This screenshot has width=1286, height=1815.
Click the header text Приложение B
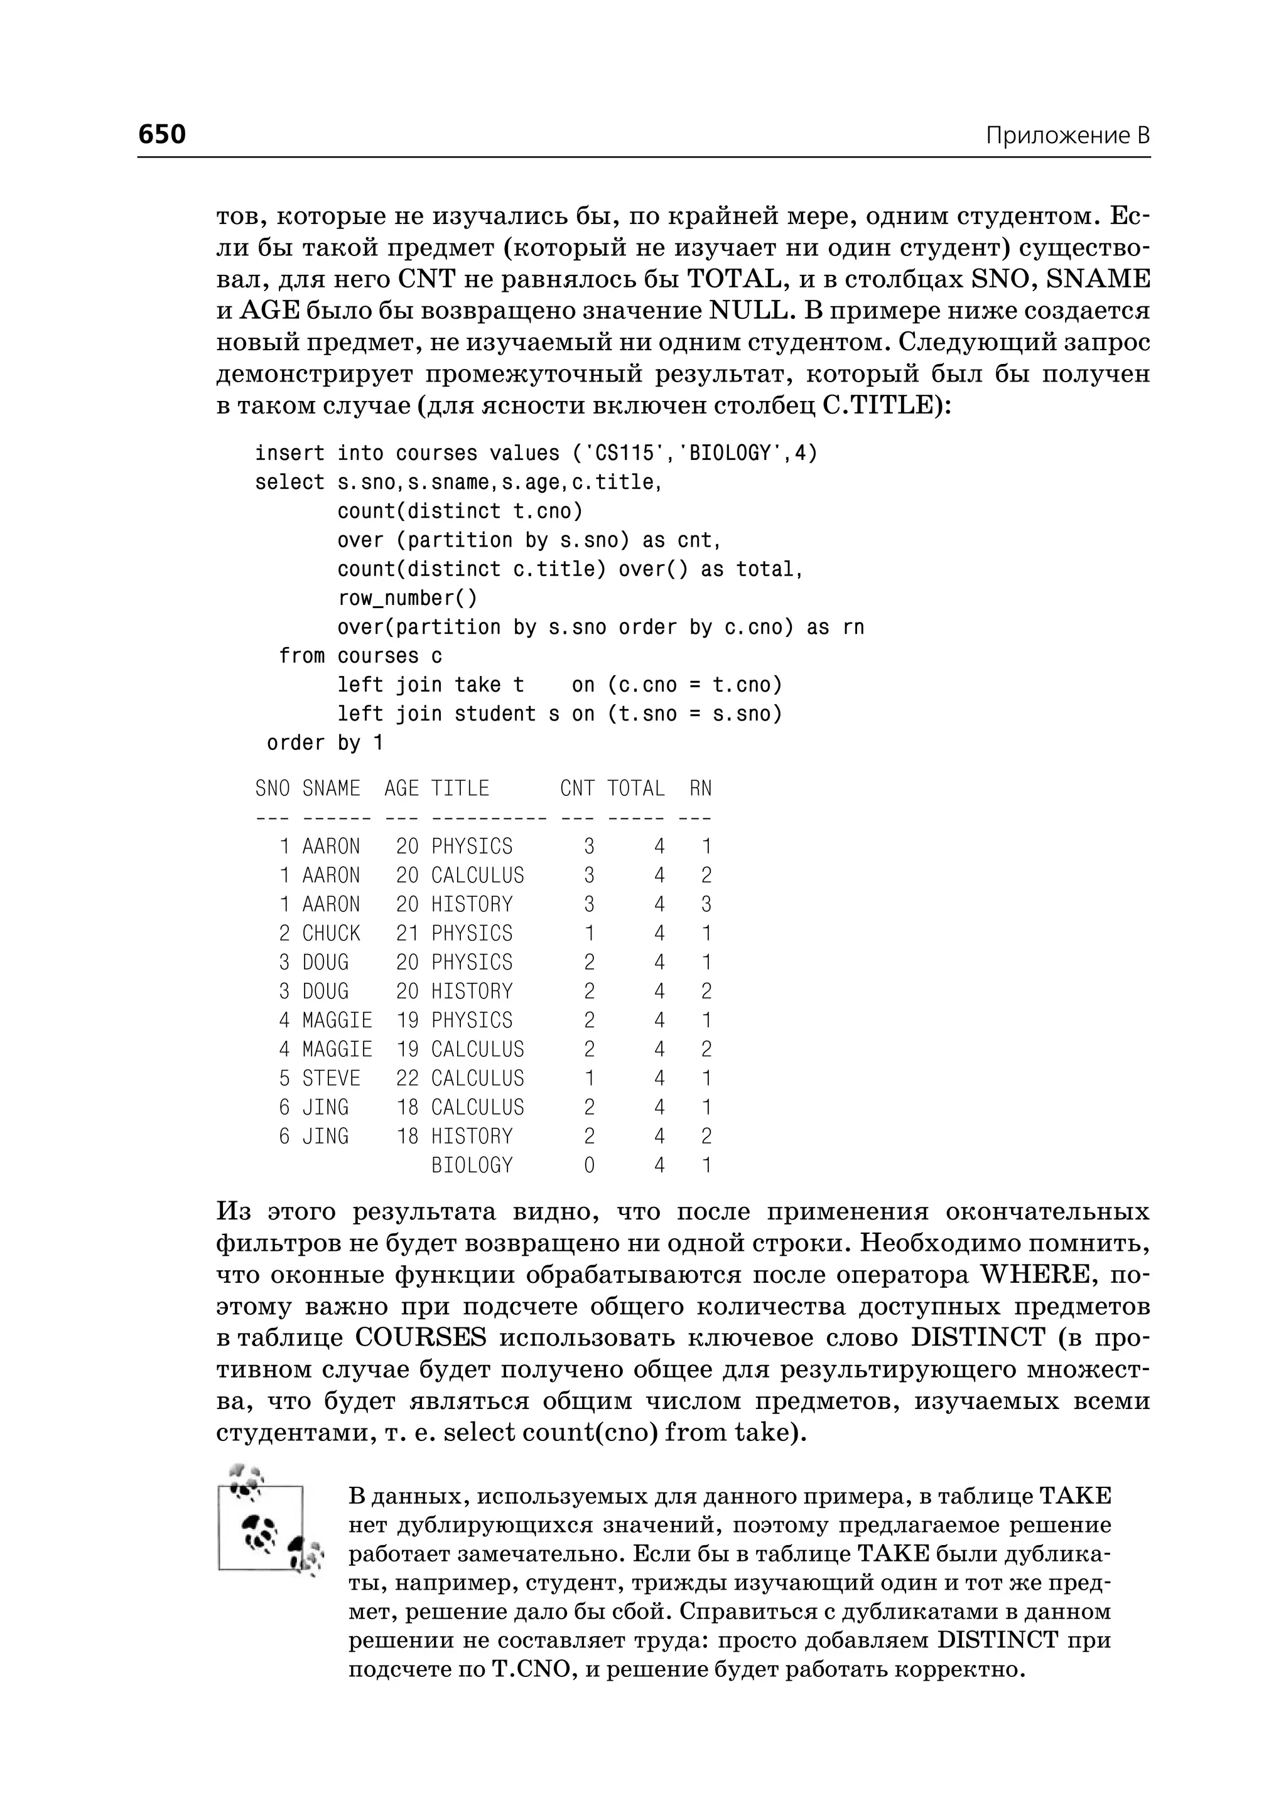pos(1067,136)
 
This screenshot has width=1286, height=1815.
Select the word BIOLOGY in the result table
pos(472,1165)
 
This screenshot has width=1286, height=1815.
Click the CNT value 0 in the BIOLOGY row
pos(588,1165)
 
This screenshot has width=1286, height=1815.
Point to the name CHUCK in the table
pos(331,933)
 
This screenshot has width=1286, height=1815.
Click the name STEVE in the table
pos(331,1078)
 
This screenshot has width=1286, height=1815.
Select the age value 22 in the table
pos(407,1078)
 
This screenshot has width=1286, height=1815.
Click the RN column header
pos(700,788)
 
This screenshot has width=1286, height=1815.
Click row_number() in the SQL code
pos(407,598)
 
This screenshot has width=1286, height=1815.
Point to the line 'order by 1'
pos(325,743)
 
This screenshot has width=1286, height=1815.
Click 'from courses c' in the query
pos(360,656)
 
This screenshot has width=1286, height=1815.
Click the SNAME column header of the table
pos(331,788)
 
